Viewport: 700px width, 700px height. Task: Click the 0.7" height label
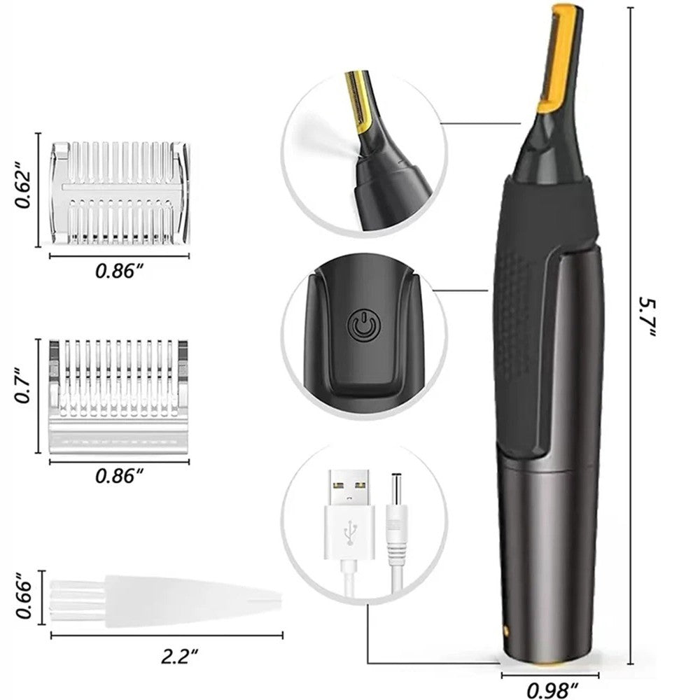tap(23, 396)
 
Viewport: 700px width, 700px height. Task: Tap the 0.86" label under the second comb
tap(119, 475)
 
